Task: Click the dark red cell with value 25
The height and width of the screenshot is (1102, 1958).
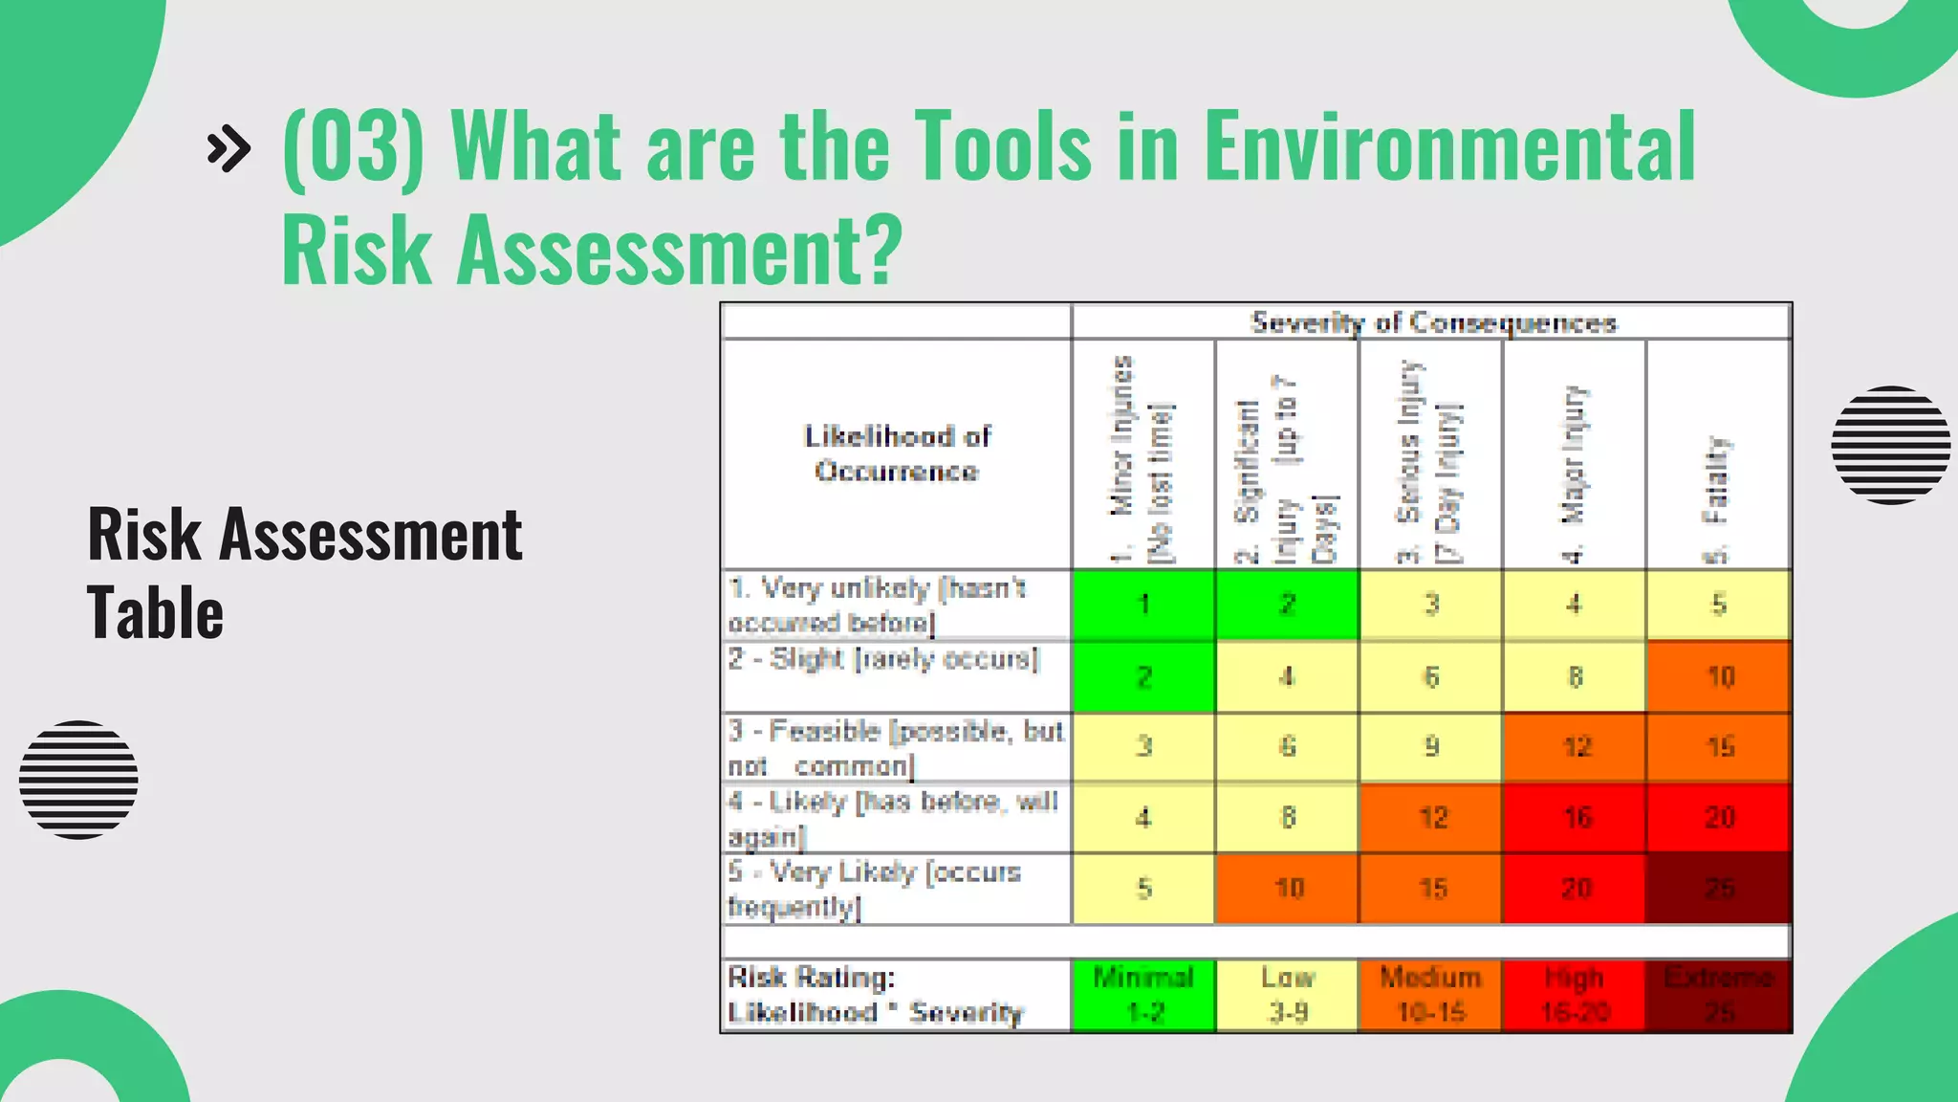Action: [x=1718, y=889]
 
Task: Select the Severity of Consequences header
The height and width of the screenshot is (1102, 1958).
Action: [x=1432, y=322]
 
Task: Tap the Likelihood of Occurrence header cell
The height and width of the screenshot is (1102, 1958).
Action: [x=897, y=453]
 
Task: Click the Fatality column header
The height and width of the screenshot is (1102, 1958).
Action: [x=1718, y=455]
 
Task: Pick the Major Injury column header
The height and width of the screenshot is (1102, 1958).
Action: [x=1574, y=455]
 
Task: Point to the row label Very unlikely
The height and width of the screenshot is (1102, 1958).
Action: [x=878, y=605]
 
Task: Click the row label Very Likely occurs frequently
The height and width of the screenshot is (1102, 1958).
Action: [x=874, y=889]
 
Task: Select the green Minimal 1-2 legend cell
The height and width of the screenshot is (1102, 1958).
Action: [x=1143, y=995]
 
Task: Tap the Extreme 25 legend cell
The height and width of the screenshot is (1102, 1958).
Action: [x=1718, y=995]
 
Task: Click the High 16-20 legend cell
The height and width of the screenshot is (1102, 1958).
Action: [x=1574, y=995]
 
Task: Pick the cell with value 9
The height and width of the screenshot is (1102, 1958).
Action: [x=1431, y=746]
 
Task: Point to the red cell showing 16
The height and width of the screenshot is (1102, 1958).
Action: [x=1575, y=818]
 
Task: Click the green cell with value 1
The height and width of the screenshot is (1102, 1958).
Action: [x=1143, y=605]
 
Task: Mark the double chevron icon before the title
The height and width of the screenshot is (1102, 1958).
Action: [x=229, y=148]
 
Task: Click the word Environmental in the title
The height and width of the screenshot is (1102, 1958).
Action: [x=1448, y=145]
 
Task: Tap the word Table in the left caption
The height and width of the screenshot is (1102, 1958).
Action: [x=155, y=613]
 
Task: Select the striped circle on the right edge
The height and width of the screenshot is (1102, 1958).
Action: [x=1890, y=445]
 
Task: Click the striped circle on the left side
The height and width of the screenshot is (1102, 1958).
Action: [x=78, y=780]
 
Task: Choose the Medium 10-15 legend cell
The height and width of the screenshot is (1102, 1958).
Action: [x=1431, y=995]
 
